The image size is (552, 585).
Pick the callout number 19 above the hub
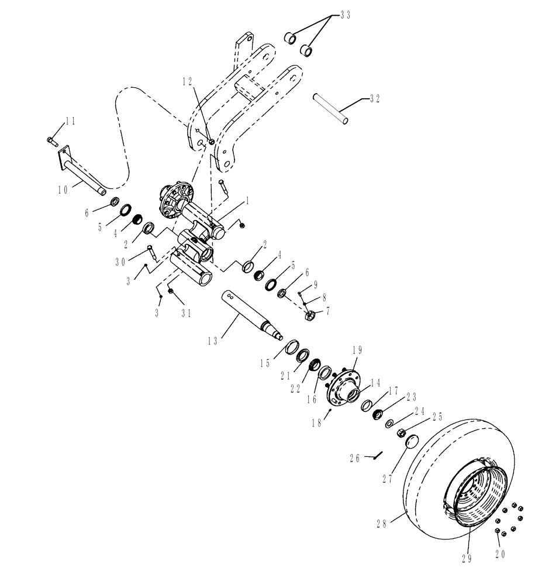[357, 350]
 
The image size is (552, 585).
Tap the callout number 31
[185, 313]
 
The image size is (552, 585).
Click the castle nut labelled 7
[312, 316]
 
